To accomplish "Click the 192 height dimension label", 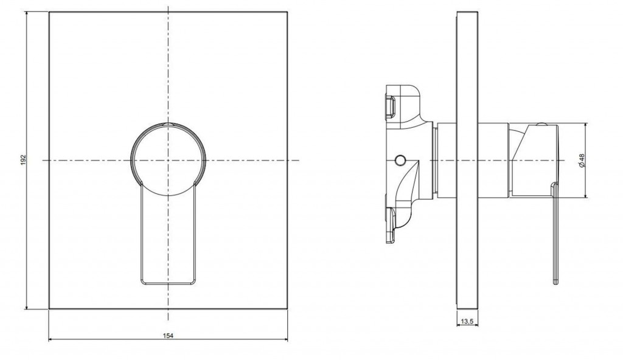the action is tap(23, 160).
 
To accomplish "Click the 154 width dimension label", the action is tap(168, 336).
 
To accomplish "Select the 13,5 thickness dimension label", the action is tap(467, 322).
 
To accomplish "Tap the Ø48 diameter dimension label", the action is tap(582, 160).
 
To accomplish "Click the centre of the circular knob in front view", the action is tap(169, 160).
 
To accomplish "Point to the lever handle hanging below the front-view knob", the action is tap(169, 235).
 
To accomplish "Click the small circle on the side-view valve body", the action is tap(400, 160).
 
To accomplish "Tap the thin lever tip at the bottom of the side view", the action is tap(556, 282).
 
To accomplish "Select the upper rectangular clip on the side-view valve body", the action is tap(390, 106).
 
